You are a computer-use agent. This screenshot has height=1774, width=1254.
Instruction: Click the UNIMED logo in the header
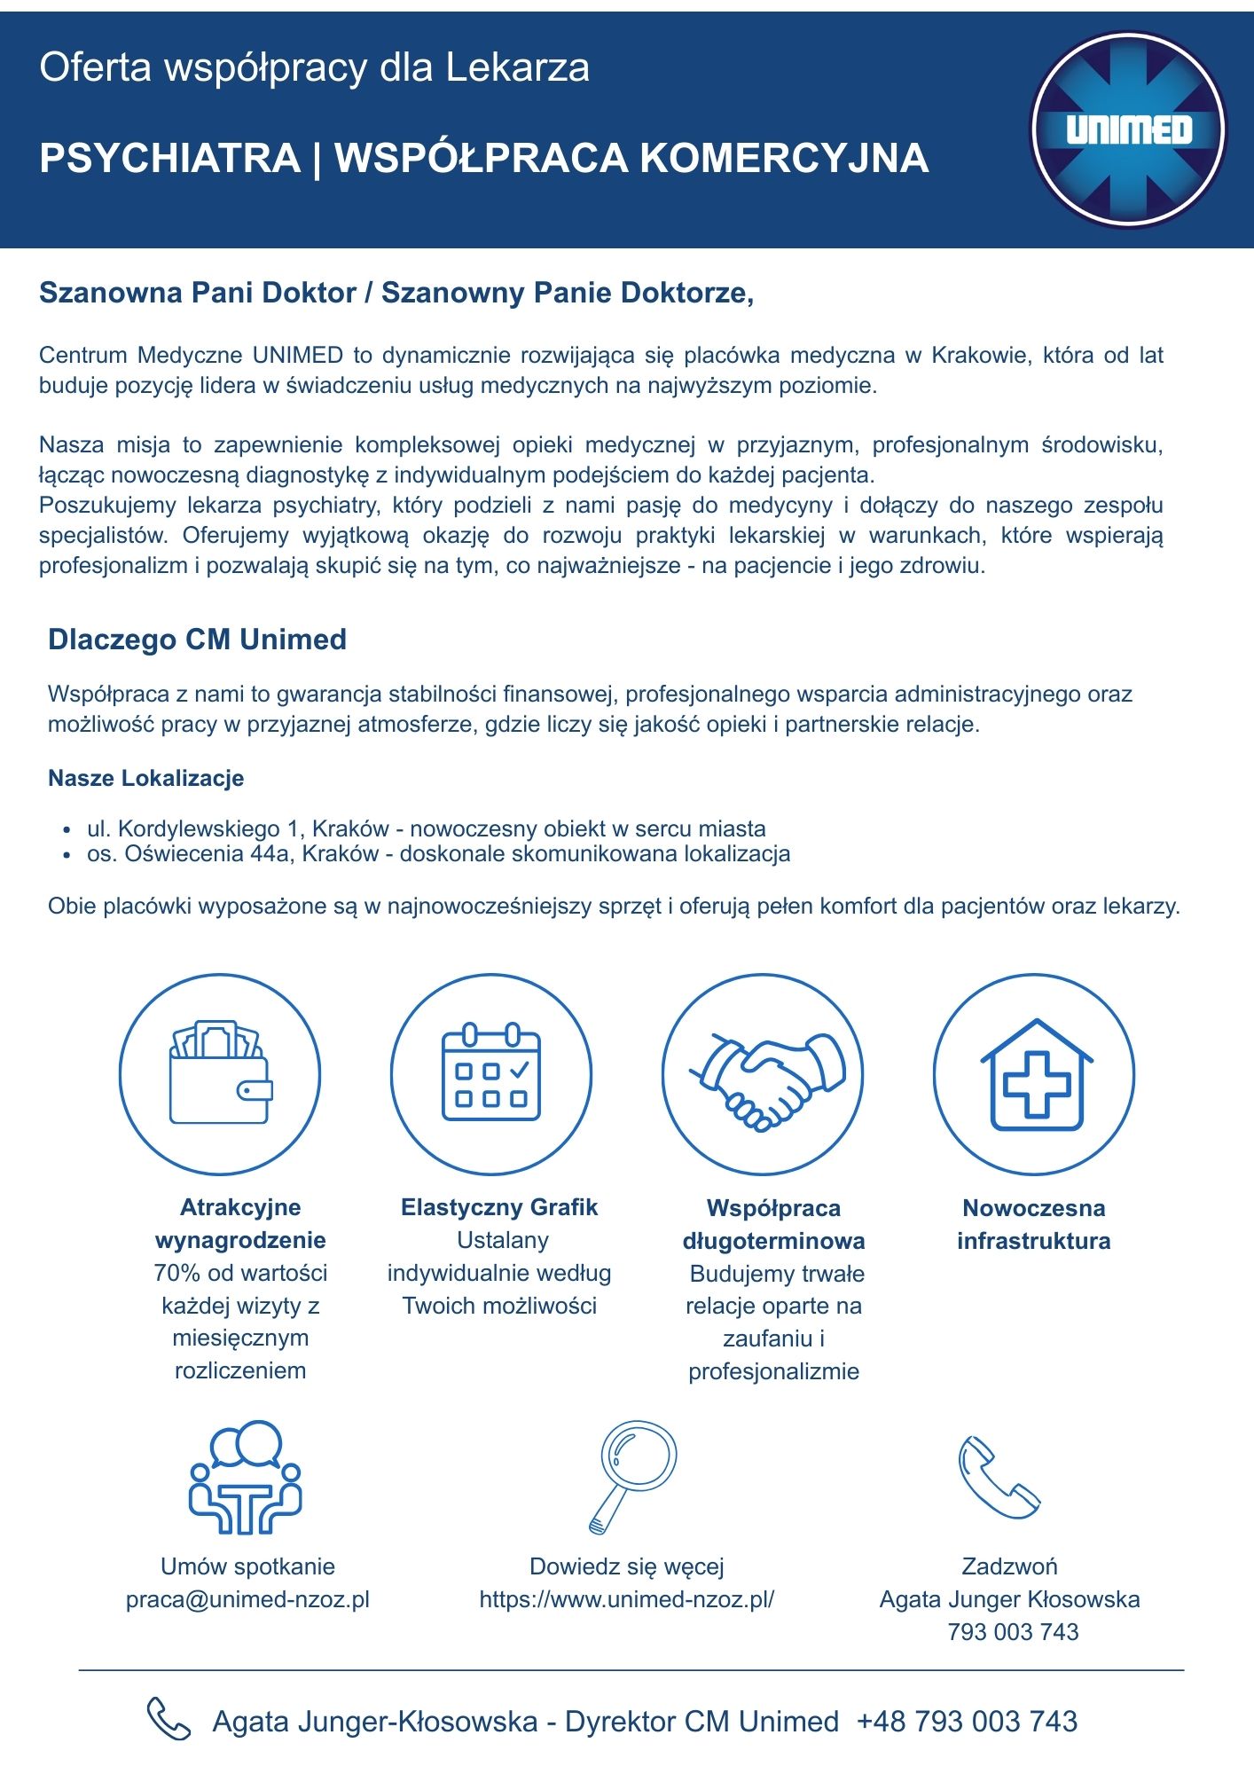click(1128, 130)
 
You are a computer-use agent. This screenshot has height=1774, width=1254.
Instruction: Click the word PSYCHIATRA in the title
click(170, 159)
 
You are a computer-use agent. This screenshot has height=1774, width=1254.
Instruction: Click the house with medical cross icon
click(1035, 1076)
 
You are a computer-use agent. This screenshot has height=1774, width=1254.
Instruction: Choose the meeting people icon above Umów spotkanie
click(246, 1478)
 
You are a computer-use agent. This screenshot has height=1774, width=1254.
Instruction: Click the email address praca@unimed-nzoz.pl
click(247, 1599)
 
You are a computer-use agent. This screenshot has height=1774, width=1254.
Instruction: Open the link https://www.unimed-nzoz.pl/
click(627, 1599)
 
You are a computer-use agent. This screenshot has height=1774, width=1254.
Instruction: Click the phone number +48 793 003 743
click(967, 1722)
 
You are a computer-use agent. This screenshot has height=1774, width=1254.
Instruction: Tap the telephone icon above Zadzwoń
click(999, 1477)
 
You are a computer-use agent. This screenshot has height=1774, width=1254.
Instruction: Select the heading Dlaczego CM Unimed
click(197, 640)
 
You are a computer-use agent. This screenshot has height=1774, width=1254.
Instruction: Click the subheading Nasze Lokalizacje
click(145, 779)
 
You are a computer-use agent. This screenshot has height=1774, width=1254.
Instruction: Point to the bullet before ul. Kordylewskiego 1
click(67, 831)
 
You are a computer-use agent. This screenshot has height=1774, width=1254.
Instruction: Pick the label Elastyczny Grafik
click(499, 1207)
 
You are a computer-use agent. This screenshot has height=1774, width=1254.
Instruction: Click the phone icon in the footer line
click(168, 1719)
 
